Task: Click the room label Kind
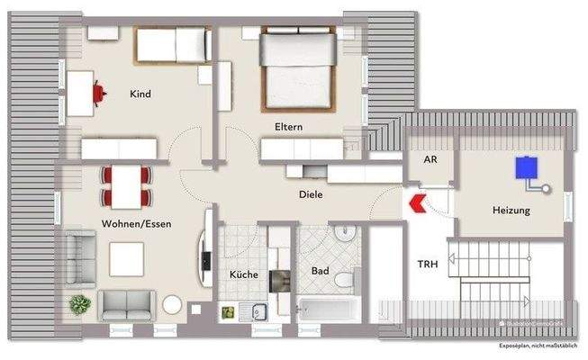[140, 94]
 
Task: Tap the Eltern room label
[288, 127]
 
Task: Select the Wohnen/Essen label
[136, 224]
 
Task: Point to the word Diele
[311, 193]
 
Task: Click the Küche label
[243, 274]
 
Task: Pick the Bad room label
[320, 270]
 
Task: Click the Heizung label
[511, 211]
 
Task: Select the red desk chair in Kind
[96, 91]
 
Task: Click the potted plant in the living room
[78, 303]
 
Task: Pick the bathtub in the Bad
[328, 309]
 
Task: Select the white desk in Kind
[79, 92]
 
